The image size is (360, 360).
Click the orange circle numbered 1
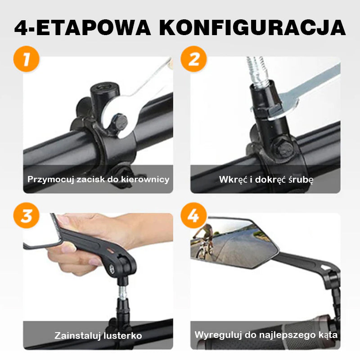coord(27,59)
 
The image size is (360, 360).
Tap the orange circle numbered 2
coord(193,59)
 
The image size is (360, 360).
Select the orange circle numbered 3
coord(27,216)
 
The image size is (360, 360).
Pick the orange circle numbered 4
coord(193,216)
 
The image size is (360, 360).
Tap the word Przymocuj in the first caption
coord(50,180)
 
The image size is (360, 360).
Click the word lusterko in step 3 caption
coord(122,336)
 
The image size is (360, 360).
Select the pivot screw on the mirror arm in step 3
coord(112,268)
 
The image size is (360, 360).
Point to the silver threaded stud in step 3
coord(122,292)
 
